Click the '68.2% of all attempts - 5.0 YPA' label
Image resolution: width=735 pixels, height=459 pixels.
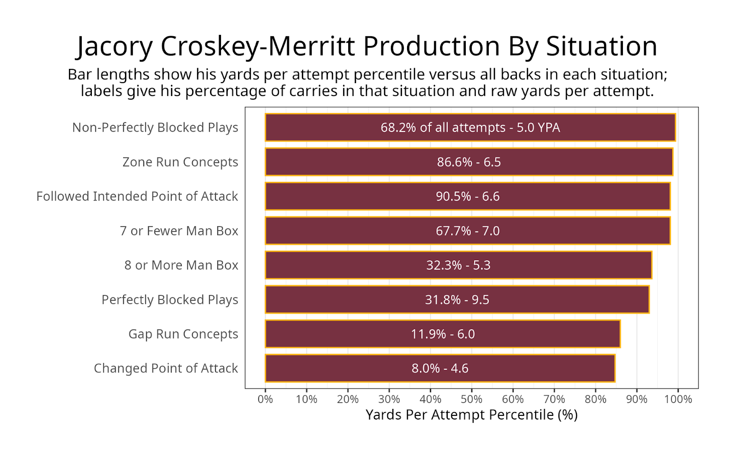coord(470,128)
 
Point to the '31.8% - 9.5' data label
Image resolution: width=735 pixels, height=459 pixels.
coord(457,300)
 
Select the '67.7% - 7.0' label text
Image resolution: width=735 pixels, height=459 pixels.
coord(468,231)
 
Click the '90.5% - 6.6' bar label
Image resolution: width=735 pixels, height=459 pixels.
coord(468,196)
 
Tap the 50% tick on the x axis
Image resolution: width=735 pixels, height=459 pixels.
coord(471,399)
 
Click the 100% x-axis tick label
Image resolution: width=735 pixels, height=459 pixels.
coord(678,399)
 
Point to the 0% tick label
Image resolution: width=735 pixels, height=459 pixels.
coord(265,399)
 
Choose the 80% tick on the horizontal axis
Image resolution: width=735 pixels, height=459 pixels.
coord(595,399)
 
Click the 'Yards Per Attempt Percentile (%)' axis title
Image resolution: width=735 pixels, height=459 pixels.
coord(471,415)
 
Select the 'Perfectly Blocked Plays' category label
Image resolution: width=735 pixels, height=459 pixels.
coord(170,300)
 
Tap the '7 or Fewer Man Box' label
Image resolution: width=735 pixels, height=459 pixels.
coord(179,231)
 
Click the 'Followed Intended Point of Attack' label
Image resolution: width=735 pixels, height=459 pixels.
coord(137,196)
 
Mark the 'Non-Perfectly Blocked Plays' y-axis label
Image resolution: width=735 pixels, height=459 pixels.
coord(155,128)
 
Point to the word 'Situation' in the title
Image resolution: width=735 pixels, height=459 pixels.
coord(601,47)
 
